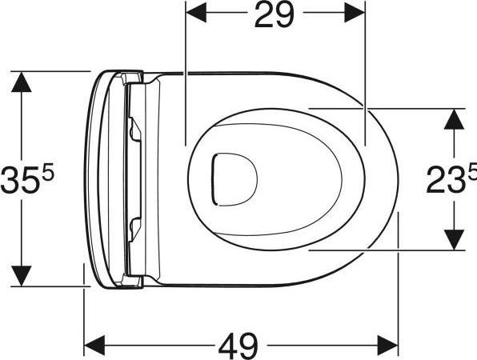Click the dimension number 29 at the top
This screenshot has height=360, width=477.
pyautogui.click(x=274, y=15)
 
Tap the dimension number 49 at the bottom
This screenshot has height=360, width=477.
pyautogui.click(x=238, y=346)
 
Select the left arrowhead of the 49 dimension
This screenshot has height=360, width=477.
pyautogui.click(x=94, y=345)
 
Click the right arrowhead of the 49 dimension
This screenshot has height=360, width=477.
pyautogui.click(x=389, y=345)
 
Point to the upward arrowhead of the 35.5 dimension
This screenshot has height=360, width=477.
pyautogui.click(x=23, y=81)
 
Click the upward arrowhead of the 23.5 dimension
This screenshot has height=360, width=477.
pyautogui.click(x=455, y=117)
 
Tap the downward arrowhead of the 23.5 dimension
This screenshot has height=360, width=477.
pyautogui.click(x=455, y=239)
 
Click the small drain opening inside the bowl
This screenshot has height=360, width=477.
pyautogui.click(x=232, y=177)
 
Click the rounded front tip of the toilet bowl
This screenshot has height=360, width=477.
pyautogui.click(x=396, y=177)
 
